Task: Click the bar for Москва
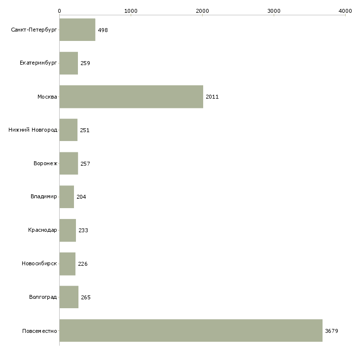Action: [x=131, y=97]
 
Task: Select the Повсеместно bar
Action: [x=191, y=330]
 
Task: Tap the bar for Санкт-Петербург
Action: [x=77, y=30]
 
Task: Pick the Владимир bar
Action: [x=67, y=197]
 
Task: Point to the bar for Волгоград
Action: [x=69, y=297]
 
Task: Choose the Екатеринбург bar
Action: [x=69, y=63]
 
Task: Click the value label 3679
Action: [x=331, y=331]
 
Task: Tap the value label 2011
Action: [x=212, y=97]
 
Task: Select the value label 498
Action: [x=103, y=30]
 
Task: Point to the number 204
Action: [x=81, y=197]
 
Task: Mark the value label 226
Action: [x=83, y=264]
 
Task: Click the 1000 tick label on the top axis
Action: [x=131, y=11]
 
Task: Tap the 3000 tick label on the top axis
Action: [x=274, y=11]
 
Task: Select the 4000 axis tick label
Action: [x=345, y=11]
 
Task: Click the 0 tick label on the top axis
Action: [x=60, y=11]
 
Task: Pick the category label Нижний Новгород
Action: [x=33, y=130]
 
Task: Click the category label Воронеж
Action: [x=45, y=163]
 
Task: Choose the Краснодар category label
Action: [x=42, y=230]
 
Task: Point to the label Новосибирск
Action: [x=39, y=263]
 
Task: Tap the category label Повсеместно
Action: [x=39, y=331]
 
